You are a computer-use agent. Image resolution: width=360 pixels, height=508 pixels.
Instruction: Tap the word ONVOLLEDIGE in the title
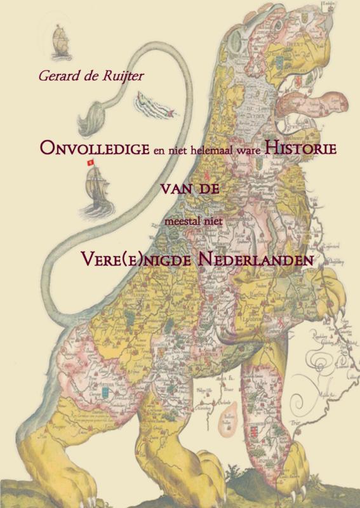tap(94, 147)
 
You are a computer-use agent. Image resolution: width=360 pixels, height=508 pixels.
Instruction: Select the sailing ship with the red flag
tap(94, 187)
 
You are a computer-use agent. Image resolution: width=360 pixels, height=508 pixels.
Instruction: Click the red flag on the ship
tap(90, 163)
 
